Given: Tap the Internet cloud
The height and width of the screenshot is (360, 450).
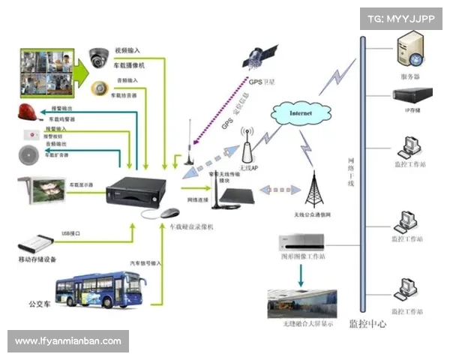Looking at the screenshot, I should click(301, 114).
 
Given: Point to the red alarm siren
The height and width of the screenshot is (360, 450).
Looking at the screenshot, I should click(31, 113).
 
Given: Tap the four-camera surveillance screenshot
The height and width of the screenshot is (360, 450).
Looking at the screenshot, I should click(48, 70).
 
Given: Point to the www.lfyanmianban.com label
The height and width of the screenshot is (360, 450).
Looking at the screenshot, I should click(68, 341).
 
